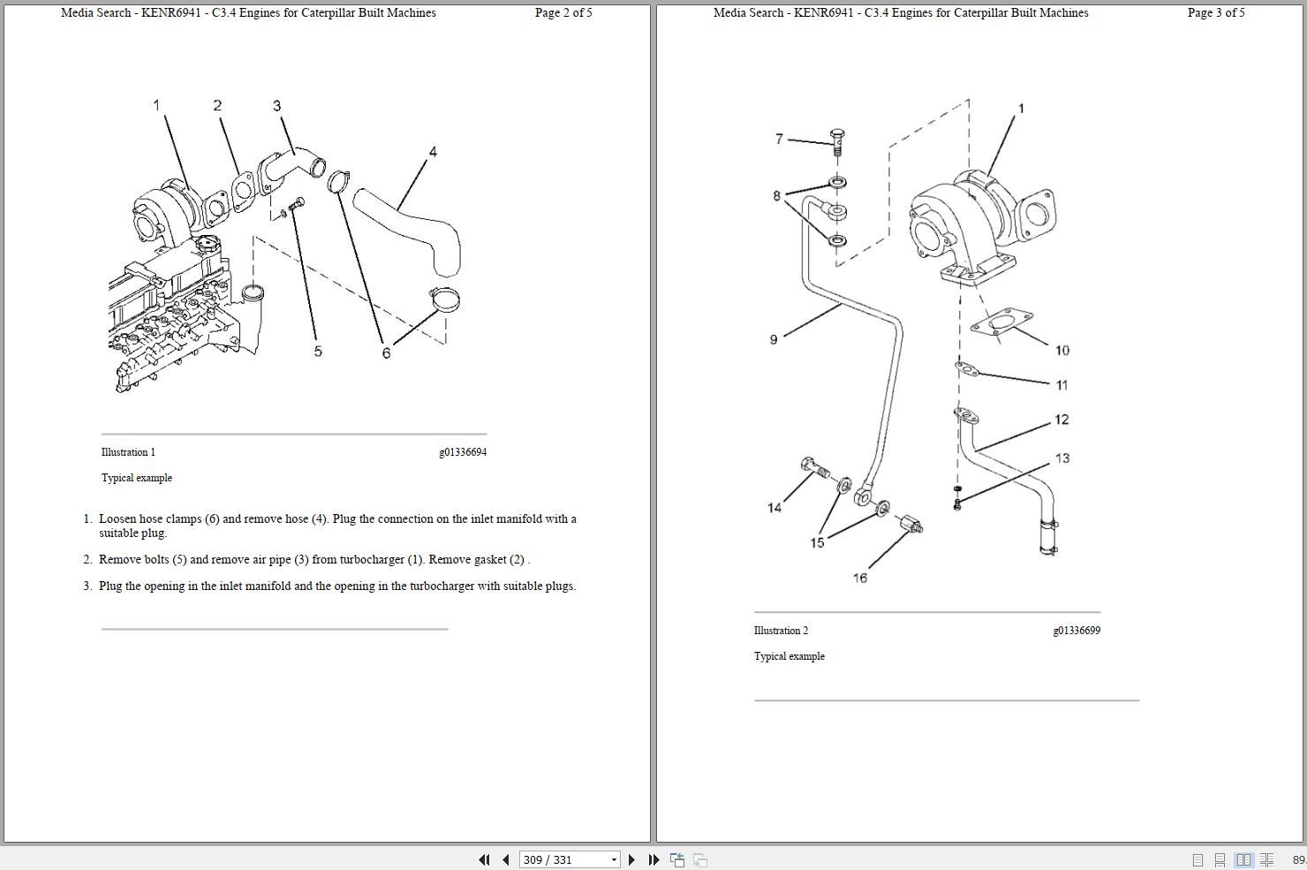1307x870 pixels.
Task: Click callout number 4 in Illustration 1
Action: (x=433, y=152)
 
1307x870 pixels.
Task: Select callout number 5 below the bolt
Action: (x=318, y=352)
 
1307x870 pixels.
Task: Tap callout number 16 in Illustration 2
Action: (x=860, y=579)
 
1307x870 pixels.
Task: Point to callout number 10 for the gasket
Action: (x=1062, y=351)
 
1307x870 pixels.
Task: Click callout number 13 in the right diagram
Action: (x=1062, y=458)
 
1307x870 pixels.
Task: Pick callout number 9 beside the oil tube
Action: (x=774, y=340)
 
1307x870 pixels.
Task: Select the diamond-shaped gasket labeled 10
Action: (x=1001, y=324)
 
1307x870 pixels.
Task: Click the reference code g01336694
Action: (x=463, y=452)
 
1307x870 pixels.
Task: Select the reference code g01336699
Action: (x=1076, y=631)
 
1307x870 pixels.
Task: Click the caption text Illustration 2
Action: (x=781, y=631)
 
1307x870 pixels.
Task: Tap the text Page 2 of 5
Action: (x=563, y=13)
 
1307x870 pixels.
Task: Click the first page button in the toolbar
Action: (x=484, y=859)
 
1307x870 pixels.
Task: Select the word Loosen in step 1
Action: (x=117, y=519)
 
